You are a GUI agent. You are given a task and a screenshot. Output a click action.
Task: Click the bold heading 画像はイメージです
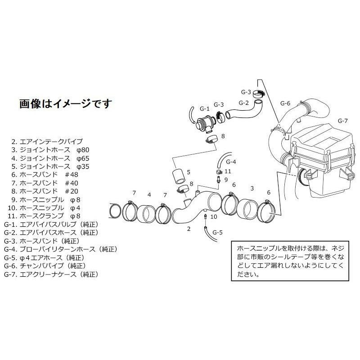pos(66,104)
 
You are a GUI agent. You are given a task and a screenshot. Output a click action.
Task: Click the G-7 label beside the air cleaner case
pos(342,121)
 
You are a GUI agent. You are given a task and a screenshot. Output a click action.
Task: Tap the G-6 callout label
pos(285,103)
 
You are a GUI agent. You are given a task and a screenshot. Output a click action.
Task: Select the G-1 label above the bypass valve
pos(204,108)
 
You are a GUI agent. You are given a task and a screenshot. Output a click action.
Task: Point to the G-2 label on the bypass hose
pos(243,103)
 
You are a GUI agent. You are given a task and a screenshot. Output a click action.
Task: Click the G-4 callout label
pos(231,162)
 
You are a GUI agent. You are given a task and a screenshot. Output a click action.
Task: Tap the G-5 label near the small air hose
pos(217,232)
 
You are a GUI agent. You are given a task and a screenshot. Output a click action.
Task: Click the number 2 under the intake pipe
pos(189,229)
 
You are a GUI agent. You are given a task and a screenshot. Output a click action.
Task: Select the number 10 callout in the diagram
pos(213,216)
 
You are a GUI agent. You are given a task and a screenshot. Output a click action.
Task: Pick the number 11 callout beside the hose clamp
pos(228,171)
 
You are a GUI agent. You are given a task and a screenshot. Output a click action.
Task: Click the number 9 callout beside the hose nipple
pos(226,180)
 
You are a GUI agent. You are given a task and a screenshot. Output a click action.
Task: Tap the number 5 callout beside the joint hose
pos(189,172)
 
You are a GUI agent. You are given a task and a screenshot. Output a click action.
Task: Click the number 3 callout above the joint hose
pos(252,189)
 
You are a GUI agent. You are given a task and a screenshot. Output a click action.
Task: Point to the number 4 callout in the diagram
pos(149,195)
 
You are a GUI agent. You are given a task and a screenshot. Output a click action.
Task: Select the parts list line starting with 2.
pos(47,141)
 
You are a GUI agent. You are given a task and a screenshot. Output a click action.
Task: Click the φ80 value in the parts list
pos(83,150)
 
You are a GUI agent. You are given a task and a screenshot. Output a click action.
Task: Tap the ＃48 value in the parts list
pos(72,175)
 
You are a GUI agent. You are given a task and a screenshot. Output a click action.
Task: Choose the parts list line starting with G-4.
pos(61,249)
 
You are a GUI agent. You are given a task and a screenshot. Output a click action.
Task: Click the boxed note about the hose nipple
pos(290,261)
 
